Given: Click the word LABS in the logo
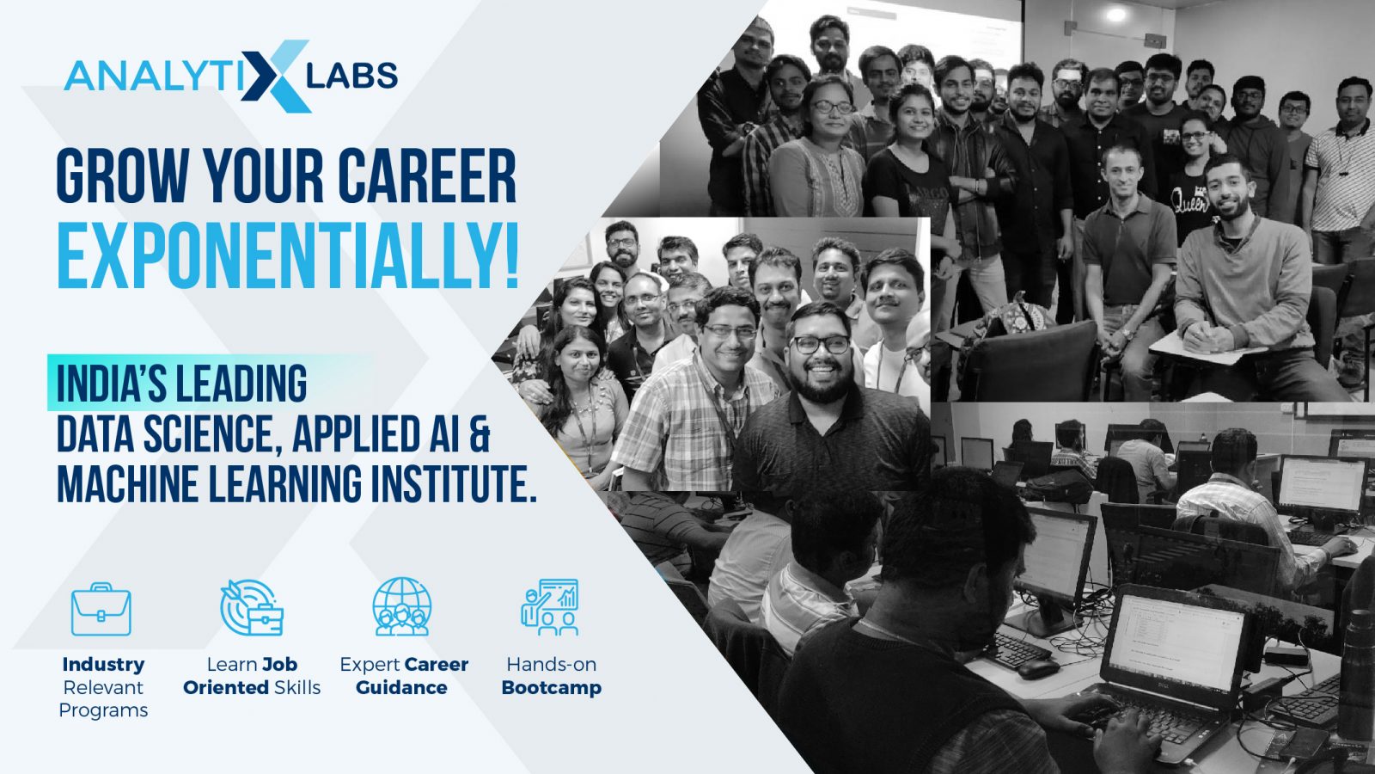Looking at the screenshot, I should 351,76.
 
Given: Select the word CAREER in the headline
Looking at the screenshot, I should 427,176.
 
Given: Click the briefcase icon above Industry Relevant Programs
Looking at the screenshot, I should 101,609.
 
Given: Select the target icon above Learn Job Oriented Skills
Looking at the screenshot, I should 251,607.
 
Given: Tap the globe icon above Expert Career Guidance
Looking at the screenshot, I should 401,606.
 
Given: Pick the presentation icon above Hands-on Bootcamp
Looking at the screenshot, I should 550,607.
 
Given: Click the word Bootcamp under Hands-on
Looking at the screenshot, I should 551,687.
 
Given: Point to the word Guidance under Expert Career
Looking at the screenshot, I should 401,687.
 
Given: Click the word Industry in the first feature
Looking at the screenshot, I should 103,664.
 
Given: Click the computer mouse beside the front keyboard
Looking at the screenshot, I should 1038,667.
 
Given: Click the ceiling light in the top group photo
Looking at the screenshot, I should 1115,15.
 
